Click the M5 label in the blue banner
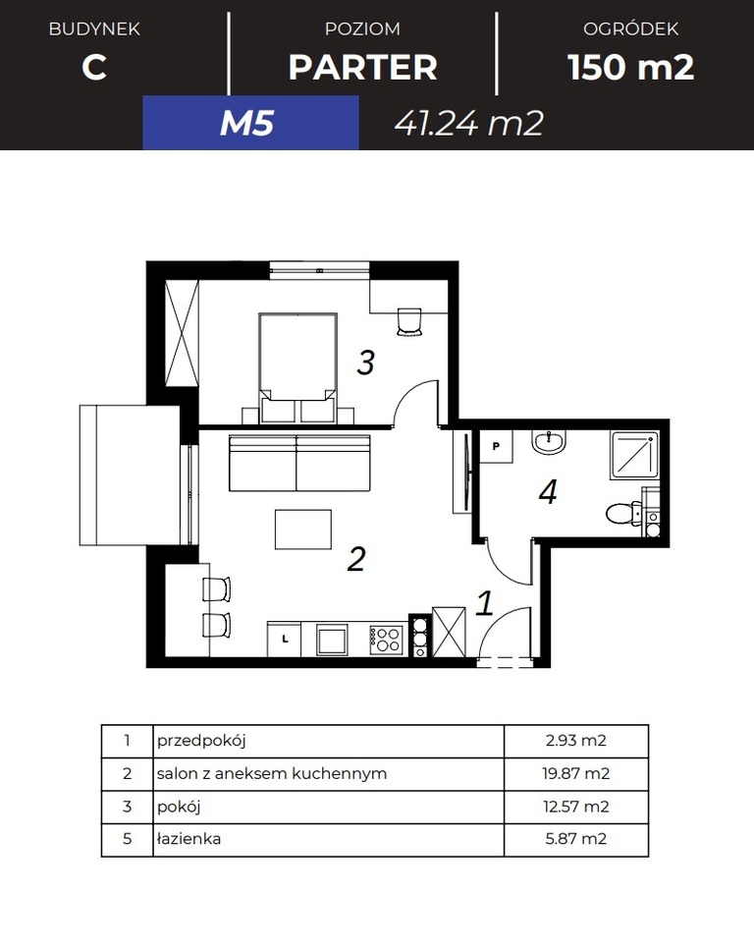pos(246,124)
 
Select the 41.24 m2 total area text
pos(468,124)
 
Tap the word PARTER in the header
pos(362,68)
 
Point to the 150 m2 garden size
pos(630,68)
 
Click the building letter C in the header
pos(94,68)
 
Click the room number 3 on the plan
pos(365,363)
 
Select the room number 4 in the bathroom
pos(548,492)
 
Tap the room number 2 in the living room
pos(356,559)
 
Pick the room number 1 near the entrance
pos(484,603)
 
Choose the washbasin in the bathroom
pos(549,443)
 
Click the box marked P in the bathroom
pos(496,445)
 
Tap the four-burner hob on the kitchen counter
pos(387,640)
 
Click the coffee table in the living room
pos(303,529)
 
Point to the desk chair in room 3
pos(409,321)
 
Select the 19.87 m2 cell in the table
pos(576,773)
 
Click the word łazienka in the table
pos(188,839)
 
